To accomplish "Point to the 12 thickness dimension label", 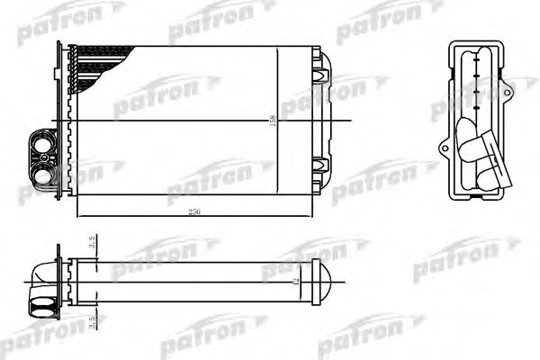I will point(294,282).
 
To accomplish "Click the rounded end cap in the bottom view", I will point(325,282).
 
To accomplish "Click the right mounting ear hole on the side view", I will point(508,91).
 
